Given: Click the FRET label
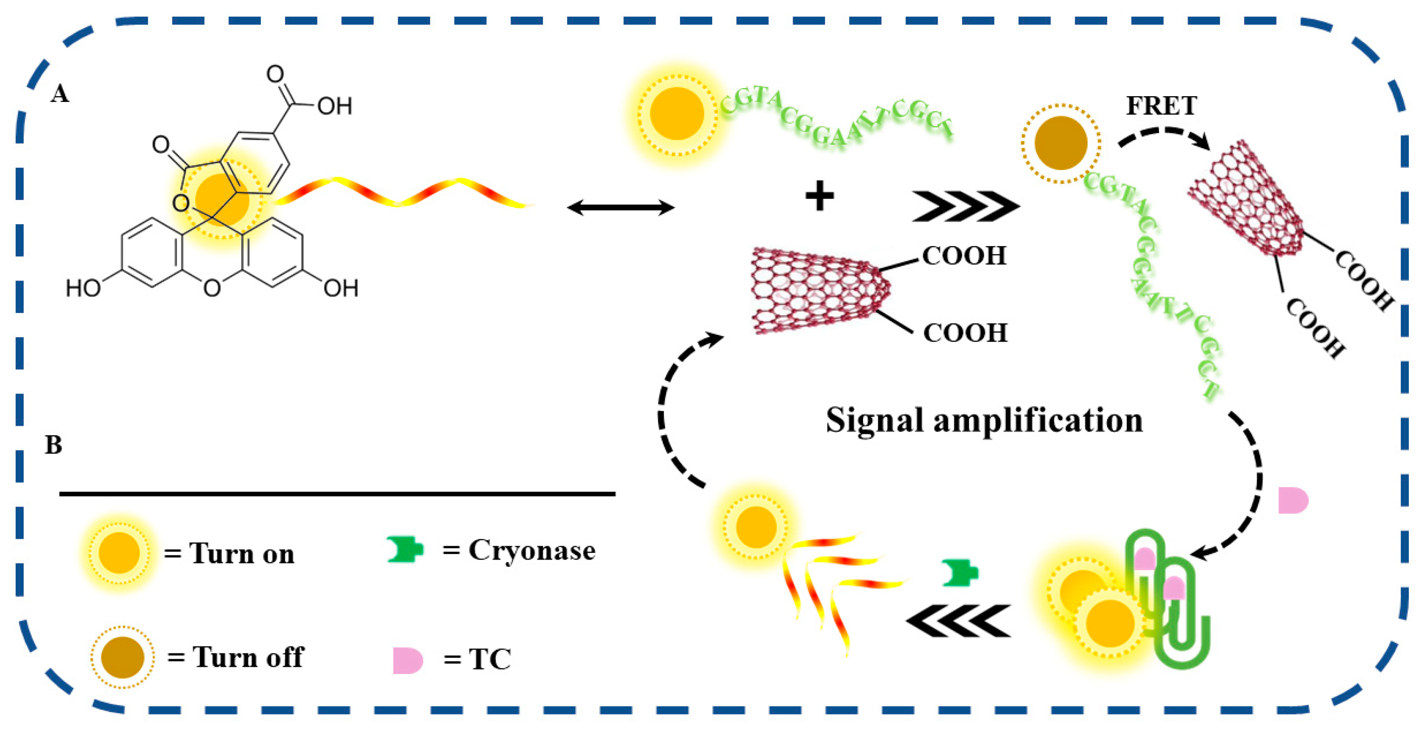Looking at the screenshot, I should [x=1161, y=106].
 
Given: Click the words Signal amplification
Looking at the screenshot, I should [x=984, y=421].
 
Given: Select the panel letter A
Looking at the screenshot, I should [x=59, y=94].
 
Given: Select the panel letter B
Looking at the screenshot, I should [x=54, y=445].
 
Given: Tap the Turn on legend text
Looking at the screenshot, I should [x=242, y=553].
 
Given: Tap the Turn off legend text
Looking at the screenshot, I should [x=248, y=657].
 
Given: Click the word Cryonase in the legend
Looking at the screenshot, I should [x=532, y=551].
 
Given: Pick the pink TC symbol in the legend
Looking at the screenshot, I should [x=407, y=660].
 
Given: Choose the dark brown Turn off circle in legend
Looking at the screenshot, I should [x=122, y=657].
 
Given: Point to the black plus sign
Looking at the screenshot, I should [x=819, y=196].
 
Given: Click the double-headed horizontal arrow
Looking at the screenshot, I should [x=621, y=208].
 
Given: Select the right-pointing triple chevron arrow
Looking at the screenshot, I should [x=964, y=206].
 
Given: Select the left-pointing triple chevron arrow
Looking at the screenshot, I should [x=959, y=621].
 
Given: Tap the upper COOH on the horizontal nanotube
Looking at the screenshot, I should [x=964, y=256].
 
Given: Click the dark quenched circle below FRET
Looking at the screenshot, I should [x=1060, y=143].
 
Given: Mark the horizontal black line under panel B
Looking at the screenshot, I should [x=337, y=493].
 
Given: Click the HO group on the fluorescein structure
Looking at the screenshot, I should [x=83, y=288].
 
